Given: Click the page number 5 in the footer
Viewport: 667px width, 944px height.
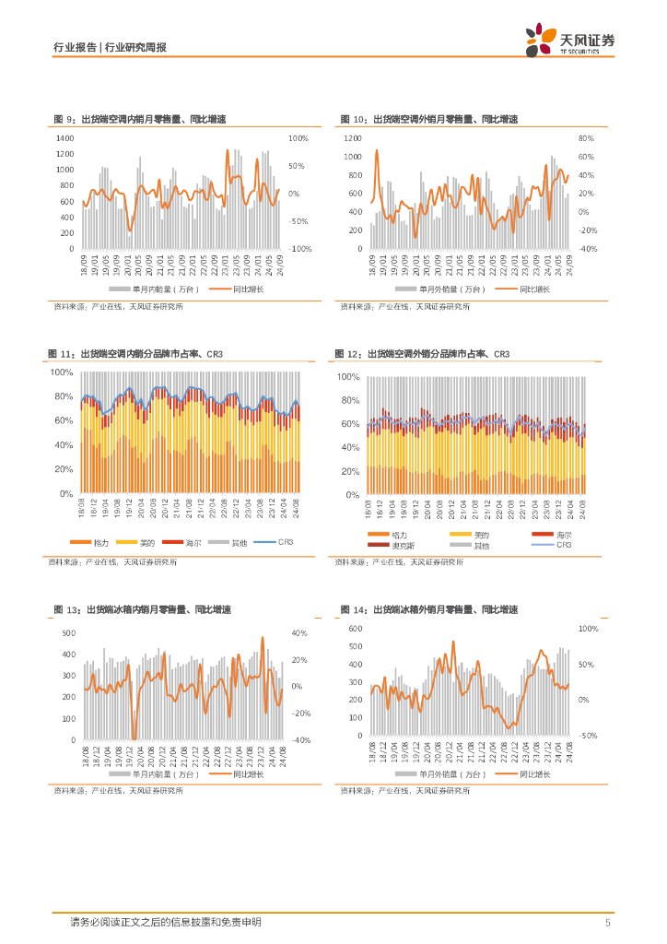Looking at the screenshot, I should [x=607, y=923].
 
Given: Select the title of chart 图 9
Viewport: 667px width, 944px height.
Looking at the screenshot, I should [x=139, y=120].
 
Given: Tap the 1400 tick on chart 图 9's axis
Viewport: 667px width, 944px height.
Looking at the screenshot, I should [x=64, y=138].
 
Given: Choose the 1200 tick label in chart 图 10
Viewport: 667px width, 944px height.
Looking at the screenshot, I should [x=354, y=138].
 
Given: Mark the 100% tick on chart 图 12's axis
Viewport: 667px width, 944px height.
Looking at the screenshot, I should [x=347, y=378].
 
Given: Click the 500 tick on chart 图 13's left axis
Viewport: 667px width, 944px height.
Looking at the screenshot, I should [x=68, y=633].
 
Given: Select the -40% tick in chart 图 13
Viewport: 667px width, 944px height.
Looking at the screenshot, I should [x=300, y=740].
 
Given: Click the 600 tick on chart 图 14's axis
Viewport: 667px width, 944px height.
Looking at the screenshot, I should [x=356, y=629].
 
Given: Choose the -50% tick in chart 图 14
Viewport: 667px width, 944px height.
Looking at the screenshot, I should [x=588, y=736].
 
